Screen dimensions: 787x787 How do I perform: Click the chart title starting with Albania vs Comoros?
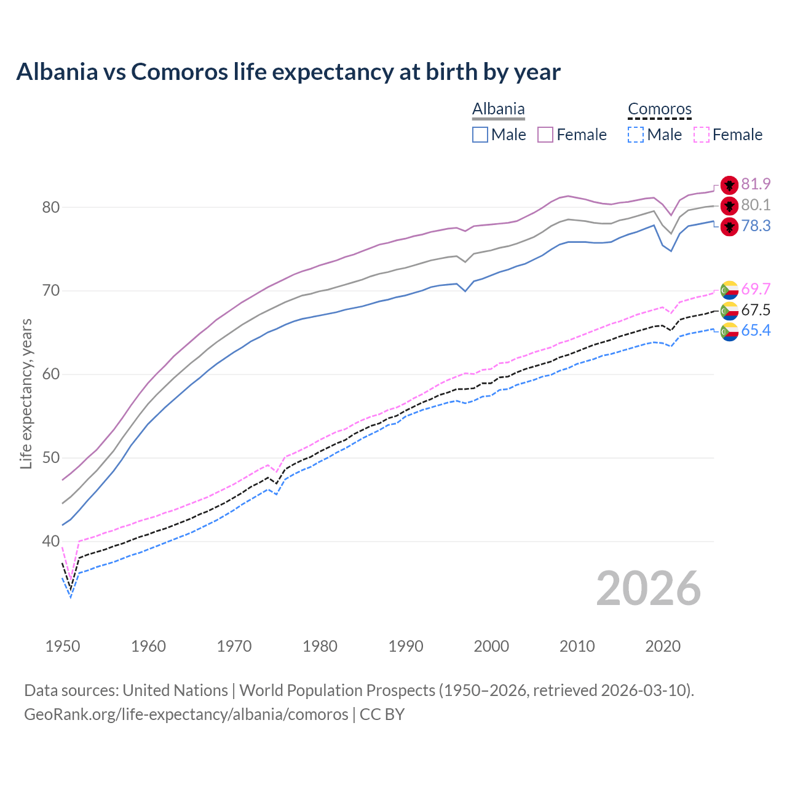coord(288,72)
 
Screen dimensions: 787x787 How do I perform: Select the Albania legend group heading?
coord(498,109)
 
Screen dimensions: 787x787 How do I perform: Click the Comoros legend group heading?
coord(660,109)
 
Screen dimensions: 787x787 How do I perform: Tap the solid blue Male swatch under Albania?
coord(480,135)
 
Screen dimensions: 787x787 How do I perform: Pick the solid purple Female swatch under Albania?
coord(545,135)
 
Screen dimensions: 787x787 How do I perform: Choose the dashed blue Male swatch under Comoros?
coord(636,135)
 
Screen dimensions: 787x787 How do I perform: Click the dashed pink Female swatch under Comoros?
coord(701,135)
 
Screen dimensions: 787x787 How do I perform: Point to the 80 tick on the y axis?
coord(50,207)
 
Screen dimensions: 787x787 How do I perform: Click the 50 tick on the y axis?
coord(50,458)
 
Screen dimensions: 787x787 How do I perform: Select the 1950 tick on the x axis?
coord(63,646)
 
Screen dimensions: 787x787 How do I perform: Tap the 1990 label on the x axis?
coord(406,646)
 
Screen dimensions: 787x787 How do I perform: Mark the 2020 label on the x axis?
coord(663,646)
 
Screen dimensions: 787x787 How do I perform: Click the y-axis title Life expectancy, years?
coord(26,393)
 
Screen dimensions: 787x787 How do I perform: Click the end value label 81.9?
coord(756,184)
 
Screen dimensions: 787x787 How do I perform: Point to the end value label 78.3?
coord(756,226)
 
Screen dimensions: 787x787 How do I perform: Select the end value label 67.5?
coord(756,310)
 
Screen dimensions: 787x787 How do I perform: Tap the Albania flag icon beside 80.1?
coord(729,205)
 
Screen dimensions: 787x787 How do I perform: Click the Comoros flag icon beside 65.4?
coord(729,331)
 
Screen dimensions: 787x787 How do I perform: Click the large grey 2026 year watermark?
coord(649,588)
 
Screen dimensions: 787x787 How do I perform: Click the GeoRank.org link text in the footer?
coord(186,714)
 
